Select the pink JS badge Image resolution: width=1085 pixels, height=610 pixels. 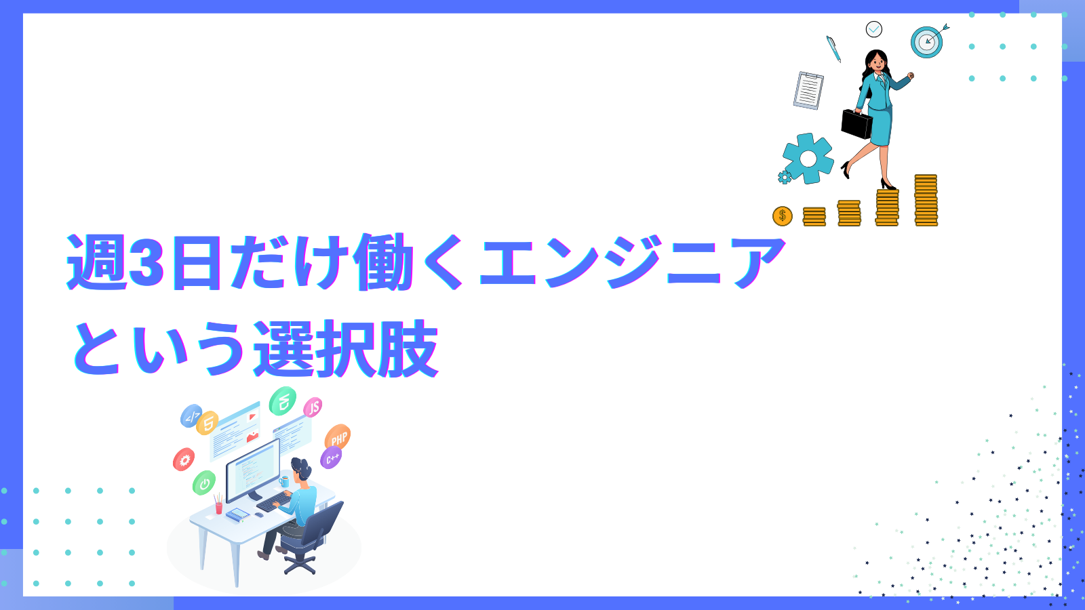(x=313, y=407)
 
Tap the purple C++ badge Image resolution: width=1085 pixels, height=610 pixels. (x=332, y=458)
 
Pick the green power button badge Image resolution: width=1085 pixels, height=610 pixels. (x=204, y=483)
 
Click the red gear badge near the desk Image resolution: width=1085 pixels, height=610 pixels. (x=184, y=460)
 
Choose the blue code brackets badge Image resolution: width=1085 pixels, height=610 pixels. (x=191, y=416)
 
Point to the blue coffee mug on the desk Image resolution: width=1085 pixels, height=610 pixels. (x=284, y=481)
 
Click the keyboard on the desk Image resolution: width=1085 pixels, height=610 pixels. (x=274, y=502)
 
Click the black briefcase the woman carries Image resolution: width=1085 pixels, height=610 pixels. (x=856, y=124)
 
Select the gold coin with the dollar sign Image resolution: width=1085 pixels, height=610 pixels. (x=783, y=216)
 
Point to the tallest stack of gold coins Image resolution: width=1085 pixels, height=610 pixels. (x=926, y=200)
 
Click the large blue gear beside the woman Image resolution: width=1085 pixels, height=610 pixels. (x=808, y=159)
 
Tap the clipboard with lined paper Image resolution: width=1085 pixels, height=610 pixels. (x=808, y=91)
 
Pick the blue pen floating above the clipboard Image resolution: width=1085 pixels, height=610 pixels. (x=833, y=49)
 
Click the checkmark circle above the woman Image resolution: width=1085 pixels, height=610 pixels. (x=874, y=29)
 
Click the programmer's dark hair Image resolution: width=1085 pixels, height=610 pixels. (x=301, y=468)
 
